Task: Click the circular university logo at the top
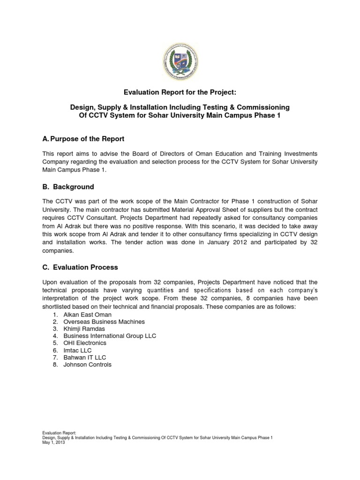[180, 60]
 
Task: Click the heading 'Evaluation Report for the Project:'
[180, 93]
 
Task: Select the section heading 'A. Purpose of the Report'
[83, 139]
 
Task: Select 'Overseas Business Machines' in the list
[104, 322]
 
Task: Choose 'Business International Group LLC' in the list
[110, 336]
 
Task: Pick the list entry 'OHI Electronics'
[85, 343]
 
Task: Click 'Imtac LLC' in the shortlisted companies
[77, 350]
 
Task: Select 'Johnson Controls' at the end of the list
[87, 364]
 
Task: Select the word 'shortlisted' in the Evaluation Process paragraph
[57, 306]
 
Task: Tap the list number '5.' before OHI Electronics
[55, 343]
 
